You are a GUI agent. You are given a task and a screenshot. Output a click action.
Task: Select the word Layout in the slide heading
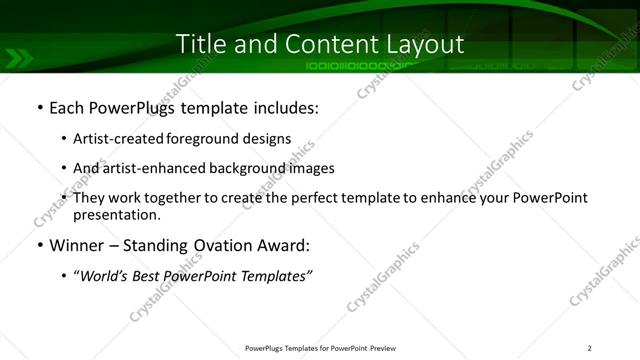[x=425, y=44]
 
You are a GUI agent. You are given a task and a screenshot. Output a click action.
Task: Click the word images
[x=311, y=168]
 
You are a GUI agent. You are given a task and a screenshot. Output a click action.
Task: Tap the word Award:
[x=287, y=246]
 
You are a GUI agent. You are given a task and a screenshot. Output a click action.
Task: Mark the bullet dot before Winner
[x=38, y=246]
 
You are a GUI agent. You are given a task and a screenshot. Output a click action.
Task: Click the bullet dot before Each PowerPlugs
[x=38, y=108]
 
